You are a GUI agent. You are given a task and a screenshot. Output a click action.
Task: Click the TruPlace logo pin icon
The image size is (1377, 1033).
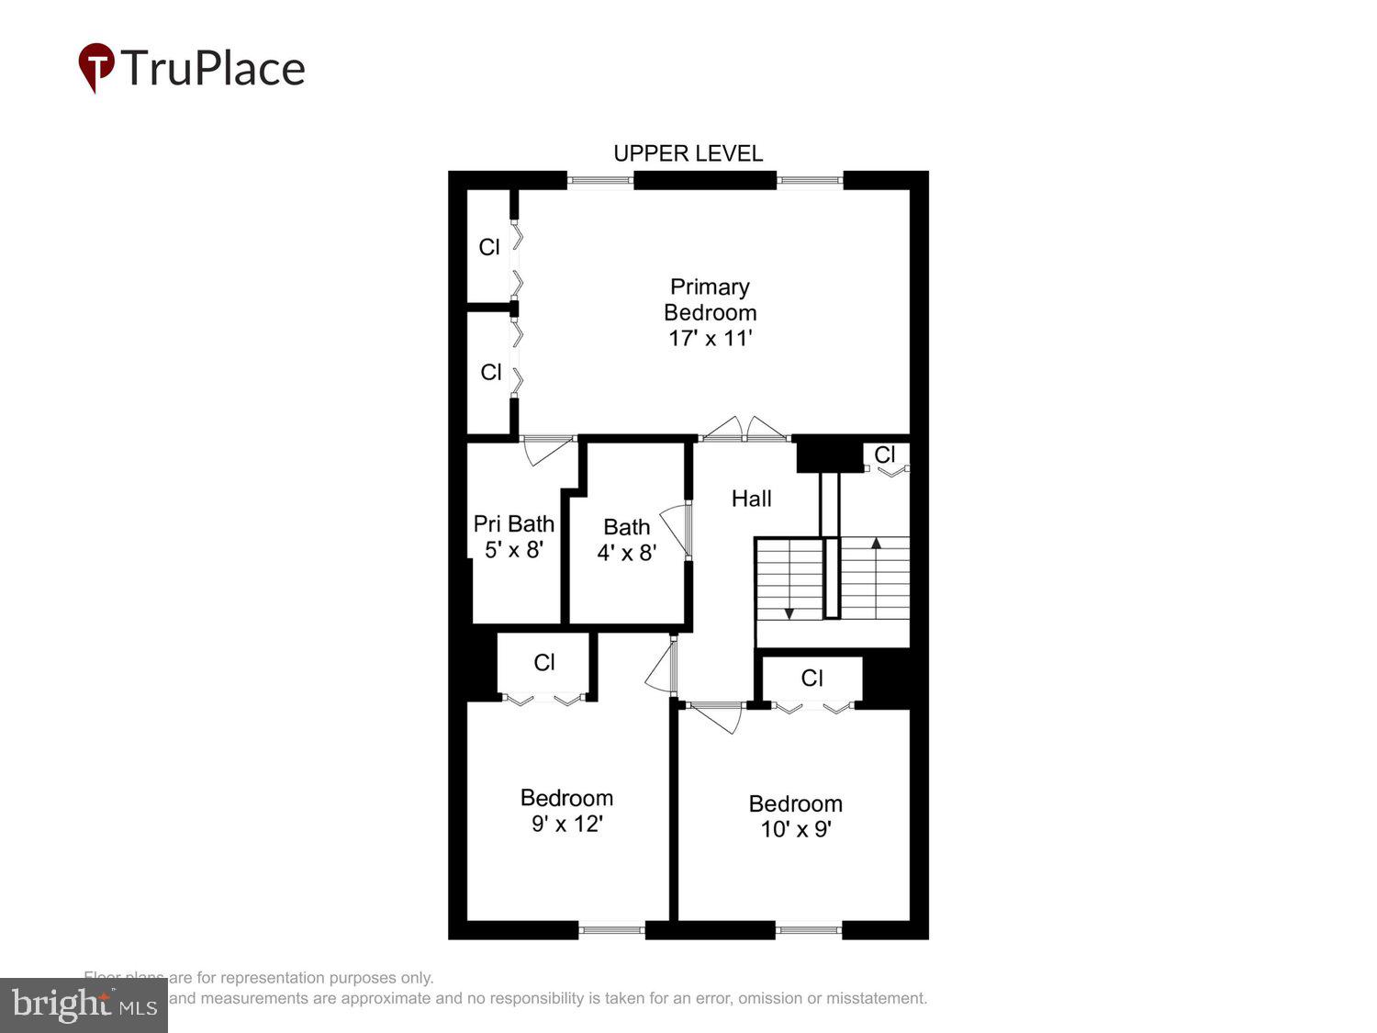click(96, 66)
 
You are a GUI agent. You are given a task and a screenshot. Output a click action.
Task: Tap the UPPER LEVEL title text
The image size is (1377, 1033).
click(688, 153)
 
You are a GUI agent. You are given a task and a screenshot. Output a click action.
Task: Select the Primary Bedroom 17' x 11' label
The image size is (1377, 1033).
click(710, 312)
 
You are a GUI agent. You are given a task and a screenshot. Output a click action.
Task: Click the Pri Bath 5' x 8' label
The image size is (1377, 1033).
click(514, 536)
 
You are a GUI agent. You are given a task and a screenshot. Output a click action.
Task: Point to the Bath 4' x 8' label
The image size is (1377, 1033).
click(627, 540)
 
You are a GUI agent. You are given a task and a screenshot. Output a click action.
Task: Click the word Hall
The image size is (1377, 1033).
click(751, 499)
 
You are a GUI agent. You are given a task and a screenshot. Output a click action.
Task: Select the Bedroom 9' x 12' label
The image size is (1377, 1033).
click(566, 811)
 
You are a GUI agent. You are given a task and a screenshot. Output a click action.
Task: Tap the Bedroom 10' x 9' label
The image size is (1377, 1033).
click(795, 816)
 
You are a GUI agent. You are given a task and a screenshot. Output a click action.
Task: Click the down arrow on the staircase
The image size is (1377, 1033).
click(789, 612)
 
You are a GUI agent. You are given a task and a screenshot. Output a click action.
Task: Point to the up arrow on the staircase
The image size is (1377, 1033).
click(876, 543)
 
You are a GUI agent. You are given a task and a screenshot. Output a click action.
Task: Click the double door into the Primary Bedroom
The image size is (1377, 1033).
click(744, 430)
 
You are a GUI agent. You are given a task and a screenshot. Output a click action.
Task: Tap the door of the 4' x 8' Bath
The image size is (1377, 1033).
click(677, 531)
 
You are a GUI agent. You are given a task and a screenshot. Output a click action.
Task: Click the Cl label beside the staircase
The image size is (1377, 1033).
click(884, 455)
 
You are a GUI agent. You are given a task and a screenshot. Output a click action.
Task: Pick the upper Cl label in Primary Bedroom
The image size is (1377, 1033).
click(489, 247)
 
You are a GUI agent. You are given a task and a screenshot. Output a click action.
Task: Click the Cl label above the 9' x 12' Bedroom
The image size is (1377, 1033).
click(544, 662)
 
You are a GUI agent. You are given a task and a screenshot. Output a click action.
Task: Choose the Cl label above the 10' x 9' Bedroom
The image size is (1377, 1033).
click(812, 678)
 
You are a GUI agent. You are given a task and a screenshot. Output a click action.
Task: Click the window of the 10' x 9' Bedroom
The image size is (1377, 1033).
click(808, 930)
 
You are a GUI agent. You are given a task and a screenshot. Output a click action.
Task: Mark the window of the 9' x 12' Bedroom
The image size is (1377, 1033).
click(612, 930)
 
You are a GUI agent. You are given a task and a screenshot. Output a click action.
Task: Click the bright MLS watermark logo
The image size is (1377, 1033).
click(84, 1005)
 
